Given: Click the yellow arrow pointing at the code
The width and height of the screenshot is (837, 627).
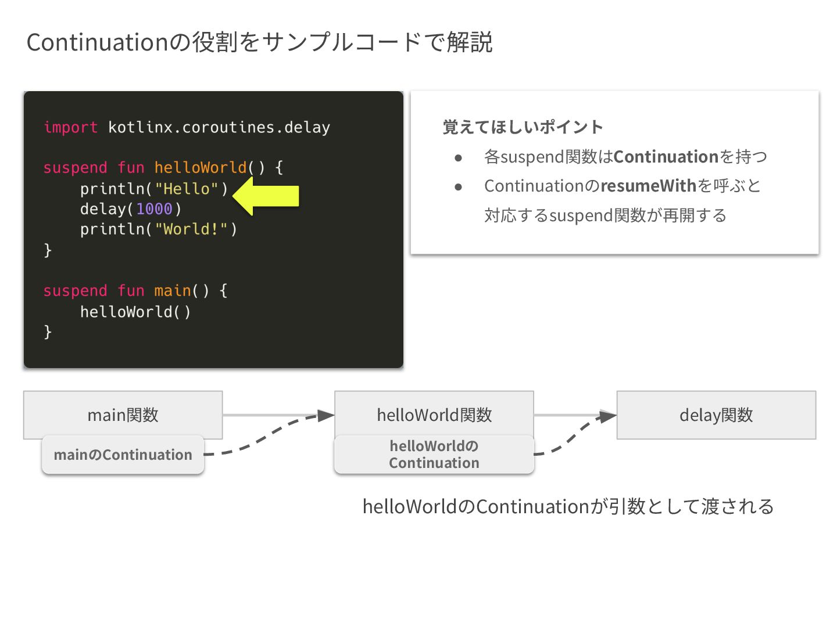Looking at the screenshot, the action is coord(267,196).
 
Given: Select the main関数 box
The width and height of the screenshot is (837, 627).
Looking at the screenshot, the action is coord(123,415).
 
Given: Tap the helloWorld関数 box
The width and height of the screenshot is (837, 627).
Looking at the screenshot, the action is coord(434,415).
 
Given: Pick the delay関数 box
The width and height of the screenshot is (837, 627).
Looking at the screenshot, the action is coord(716,415).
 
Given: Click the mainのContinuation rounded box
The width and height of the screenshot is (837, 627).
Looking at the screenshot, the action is coord(123,455).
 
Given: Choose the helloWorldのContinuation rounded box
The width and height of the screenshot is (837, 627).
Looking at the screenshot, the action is coord(434,455).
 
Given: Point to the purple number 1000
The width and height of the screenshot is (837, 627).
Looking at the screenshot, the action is coord(154,209).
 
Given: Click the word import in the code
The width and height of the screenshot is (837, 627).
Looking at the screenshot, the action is coord(70,127).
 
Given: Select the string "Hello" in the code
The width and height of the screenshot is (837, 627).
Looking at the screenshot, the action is coord(186,189).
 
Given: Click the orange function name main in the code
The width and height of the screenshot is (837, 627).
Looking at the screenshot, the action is coord(173,290).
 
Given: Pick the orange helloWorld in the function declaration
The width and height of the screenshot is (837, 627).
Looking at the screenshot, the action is coord(201,168).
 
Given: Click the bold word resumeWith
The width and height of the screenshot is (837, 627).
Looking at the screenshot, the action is coord(648,186).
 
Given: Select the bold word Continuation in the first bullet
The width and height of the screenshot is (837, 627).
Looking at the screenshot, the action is coord(666,157).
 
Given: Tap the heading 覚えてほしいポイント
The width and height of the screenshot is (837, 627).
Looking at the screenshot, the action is coord(523,127).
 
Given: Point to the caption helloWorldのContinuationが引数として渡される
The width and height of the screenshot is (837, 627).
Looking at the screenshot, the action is coord(568,506).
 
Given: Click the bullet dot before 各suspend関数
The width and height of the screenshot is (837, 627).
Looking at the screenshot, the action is coord(459,157).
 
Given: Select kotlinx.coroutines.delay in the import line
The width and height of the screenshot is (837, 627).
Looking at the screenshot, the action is coord(219,127).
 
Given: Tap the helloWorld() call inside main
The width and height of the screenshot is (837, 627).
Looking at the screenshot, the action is coord(135,312).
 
